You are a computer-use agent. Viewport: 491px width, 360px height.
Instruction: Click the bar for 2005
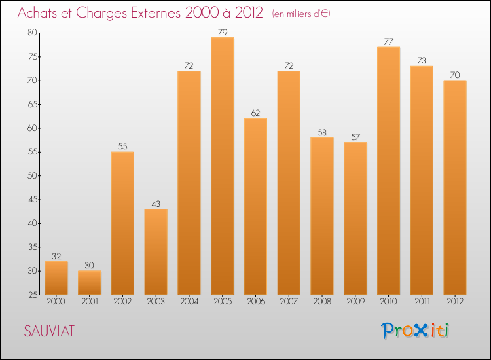(223, 166)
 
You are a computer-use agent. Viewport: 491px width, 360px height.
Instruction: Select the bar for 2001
(90, 283)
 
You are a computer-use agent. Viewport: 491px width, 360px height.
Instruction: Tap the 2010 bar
(388, 171)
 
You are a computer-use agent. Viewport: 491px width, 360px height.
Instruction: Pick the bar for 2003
(156, 252)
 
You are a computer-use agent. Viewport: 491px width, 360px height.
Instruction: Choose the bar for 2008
(322, 216)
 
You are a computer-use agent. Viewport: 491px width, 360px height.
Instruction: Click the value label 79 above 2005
(223, 31)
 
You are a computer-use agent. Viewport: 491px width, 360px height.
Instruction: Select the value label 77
(388, 41)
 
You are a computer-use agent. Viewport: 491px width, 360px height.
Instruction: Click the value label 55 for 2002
(122, 146)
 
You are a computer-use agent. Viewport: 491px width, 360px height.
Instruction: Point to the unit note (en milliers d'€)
(301, 14)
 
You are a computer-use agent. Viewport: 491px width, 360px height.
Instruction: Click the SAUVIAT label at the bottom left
(49, 331)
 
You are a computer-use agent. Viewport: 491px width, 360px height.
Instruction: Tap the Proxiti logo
(415, 331)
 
